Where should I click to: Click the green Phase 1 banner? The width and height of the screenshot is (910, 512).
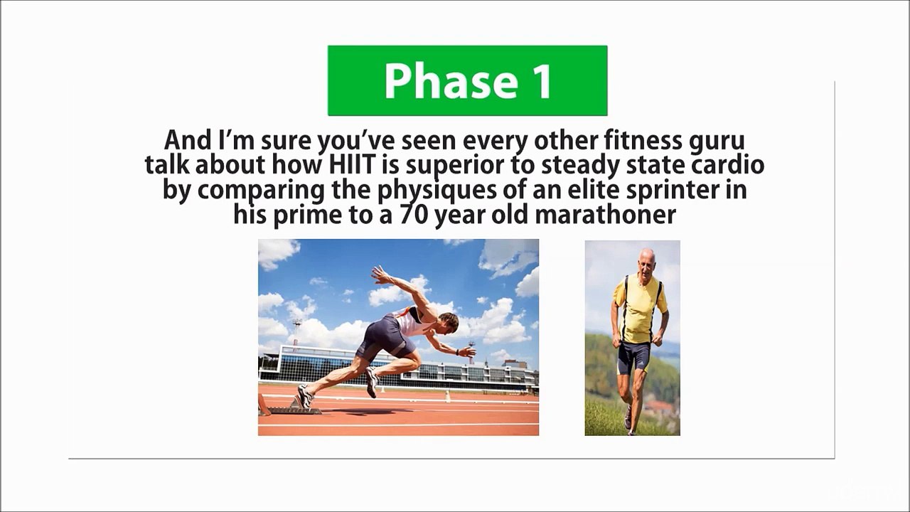467,80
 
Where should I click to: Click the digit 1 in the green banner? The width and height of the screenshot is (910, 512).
541,81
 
